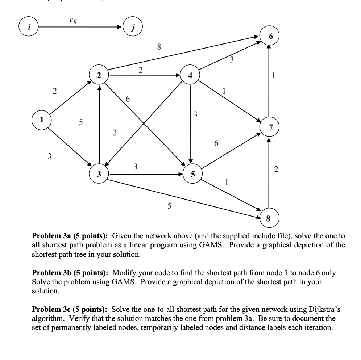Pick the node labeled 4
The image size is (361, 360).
[190, 75]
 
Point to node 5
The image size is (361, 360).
[192, 175]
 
